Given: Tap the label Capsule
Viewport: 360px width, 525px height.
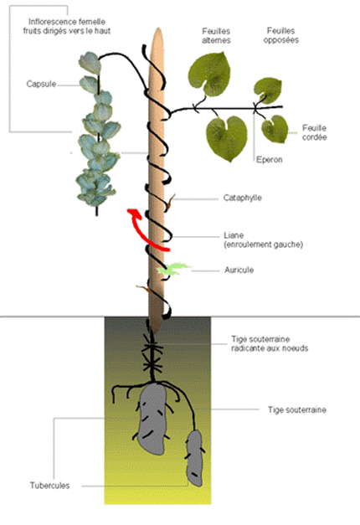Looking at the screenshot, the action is click(41, 84).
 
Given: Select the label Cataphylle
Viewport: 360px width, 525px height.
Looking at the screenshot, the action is click(243, 198).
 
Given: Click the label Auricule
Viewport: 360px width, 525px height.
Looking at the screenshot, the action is click(239, 270).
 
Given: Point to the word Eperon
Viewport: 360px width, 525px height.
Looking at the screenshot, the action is click(270, 160).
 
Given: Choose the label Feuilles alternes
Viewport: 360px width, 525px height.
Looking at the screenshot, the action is click(216, 36).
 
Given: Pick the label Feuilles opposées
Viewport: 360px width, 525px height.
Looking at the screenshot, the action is click(281, 35).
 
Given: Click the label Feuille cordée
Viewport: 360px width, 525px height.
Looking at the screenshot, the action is click(315, 132).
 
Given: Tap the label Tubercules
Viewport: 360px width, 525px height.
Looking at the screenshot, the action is click(50, 486).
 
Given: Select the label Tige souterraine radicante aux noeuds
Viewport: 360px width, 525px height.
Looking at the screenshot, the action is click(270, 343).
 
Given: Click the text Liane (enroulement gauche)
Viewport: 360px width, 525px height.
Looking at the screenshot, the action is click(263, 240).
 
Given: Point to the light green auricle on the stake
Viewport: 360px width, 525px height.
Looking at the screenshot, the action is click(172, 269).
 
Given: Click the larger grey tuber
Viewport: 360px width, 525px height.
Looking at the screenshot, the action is click(152, 419).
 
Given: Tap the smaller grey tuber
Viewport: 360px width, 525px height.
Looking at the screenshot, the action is click(194, 458).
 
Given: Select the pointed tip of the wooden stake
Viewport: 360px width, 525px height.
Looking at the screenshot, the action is click(157, 28).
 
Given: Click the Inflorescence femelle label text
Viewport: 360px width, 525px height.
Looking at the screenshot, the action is click(67, 27).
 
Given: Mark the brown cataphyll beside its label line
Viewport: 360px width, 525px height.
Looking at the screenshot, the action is click(170, 203).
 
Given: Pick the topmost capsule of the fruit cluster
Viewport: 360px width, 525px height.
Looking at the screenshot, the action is click(90, 62).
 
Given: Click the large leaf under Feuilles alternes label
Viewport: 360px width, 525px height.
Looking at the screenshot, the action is click(209, 74).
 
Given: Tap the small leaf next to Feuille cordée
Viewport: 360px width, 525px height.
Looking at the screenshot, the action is click(275, 129).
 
